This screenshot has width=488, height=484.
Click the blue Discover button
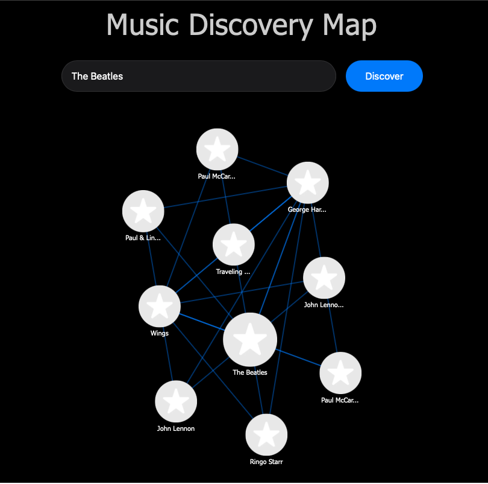click(x=384, y=76)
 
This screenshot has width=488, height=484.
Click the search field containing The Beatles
click(x=198, y=76)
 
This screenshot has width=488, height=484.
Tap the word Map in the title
click(x=349, y=25)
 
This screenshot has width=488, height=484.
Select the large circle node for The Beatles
click(x=250, y=340)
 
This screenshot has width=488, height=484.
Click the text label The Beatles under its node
click(x=250, y=372)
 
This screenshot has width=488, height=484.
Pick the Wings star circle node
click(x=160, y=306)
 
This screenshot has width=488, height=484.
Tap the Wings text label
click(x=160, y=333)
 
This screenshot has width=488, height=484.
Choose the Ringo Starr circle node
click(x=266, y=435)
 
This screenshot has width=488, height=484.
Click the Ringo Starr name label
click(x=266, y=462)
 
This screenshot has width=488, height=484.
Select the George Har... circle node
click(x=308, y=182)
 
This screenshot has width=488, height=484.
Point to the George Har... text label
click(x=307, y=210)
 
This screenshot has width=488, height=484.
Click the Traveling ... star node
click(x=234, y=244)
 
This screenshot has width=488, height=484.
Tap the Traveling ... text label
click(x=233, y=272)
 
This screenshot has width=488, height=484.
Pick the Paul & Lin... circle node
click(x=143, y=211)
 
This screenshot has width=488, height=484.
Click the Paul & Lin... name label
click(x=143, y=238)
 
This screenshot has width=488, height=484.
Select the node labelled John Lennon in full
click(x=176, y=401)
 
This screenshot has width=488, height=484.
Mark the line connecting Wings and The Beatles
click(x=202, y=322)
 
